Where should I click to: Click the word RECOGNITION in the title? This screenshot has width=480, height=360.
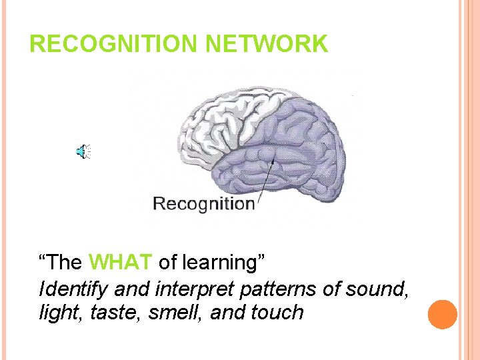click(x=114, y=44)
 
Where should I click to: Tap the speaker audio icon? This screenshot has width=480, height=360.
click(x=83, y=153)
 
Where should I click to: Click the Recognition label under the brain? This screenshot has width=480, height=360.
click(x=203, y=203)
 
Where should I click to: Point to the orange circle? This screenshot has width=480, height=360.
click(x=442, y=314)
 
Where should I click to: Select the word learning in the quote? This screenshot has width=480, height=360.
click(x=223, y=263)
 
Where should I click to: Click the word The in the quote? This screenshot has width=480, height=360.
click(x=65, y=263)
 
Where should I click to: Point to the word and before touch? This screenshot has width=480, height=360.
click(x=227, y=312)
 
